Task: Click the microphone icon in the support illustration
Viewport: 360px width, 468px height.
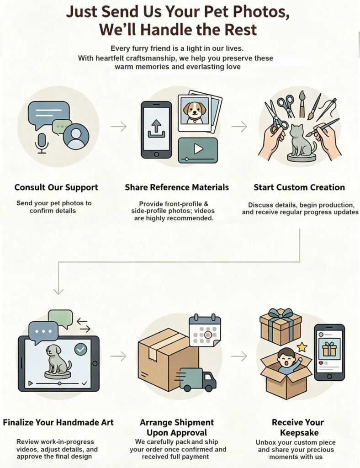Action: [42, 143]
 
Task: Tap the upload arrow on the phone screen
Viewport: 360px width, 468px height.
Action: [156, 128]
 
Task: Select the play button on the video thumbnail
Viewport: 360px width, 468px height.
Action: [198, 149]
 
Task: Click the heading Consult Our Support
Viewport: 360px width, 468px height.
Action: [56, 187]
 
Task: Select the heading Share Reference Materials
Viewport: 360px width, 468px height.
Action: [177, 187]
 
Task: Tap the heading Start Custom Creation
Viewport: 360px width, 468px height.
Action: [299, 187]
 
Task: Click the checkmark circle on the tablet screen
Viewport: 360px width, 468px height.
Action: [81, 349]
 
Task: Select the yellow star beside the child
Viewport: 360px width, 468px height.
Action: [302, 347]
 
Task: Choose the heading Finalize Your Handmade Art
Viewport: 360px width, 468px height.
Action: [58, 423]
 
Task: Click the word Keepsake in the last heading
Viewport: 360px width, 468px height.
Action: [299, 432]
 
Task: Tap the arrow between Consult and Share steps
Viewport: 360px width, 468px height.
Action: [118, 127]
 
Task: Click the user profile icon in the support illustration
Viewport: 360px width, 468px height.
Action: [76, 136]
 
